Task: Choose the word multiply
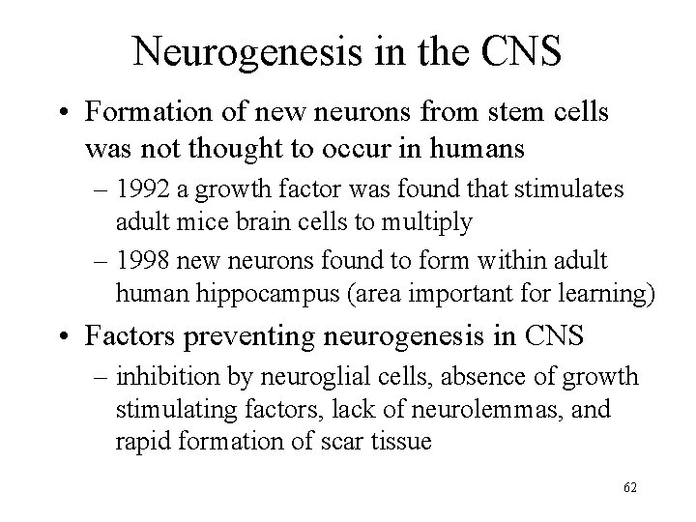pos(425,221)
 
